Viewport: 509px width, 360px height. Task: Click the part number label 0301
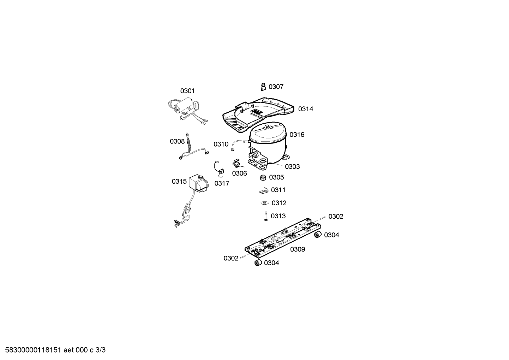(187, 91)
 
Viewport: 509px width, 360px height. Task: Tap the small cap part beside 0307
(263, 87)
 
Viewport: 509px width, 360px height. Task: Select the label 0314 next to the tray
(306, 109)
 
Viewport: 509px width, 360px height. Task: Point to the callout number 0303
(292, 167)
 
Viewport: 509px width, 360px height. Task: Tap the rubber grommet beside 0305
(263, 177)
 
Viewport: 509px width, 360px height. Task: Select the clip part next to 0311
(264, 190)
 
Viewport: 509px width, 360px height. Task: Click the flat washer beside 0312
(264, 203)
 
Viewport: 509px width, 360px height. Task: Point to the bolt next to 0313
(266, 216)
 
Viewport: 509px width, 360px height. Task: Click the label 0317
(222, 183)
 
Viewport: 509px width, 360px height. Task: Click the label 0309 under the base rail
(298, 249)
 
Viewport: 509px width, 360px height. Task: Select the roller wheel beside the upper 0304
(318, 235)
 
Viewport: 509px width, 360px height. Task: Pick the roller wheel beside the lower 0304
(258, 262)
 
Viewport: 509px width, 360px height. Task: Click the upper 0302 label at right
(336, 217)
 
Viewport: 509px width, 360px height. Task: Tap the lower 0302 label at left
(231, 258)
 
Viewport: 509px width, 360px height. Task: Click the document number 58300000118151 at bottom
(33, 350)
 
